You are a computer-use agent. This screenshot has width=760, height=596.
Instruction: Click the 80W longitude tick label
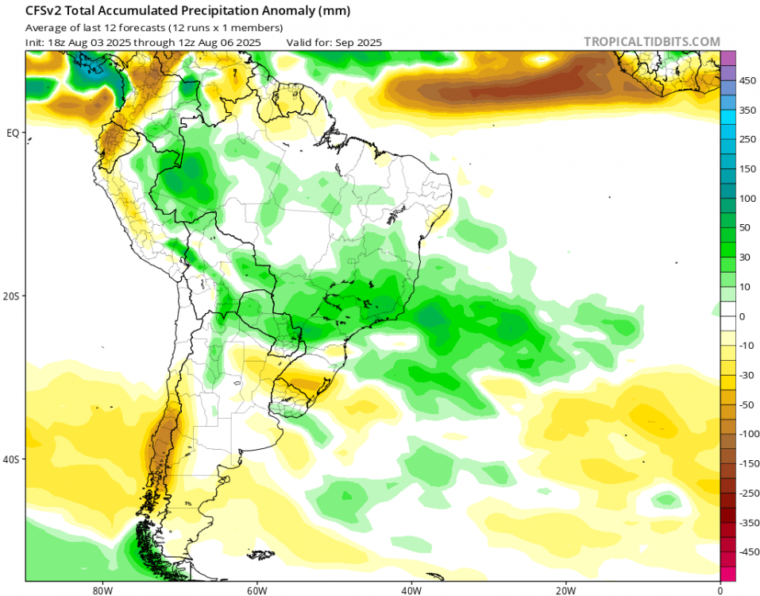point(100,590)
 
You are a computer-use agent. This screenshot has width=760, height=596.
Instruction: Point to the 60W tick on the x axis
point(255,590)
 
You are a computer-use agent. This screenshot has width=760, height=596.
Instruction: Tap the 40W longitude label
point(410,590)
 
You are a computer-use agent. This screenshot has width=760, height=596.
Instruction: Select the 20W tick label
point(565,590)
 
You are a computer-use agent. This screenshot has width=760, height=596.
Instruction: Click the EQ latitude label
point(13,133)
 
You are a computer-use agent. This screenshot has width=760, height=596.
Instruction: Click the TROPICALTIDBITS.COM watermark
point(651,41)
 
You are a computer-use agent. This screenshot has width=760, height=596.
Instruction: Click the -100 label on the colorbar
point(748,434)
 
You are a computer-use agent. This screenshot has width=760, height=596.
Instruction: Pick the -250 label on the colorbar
point(748,493)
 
